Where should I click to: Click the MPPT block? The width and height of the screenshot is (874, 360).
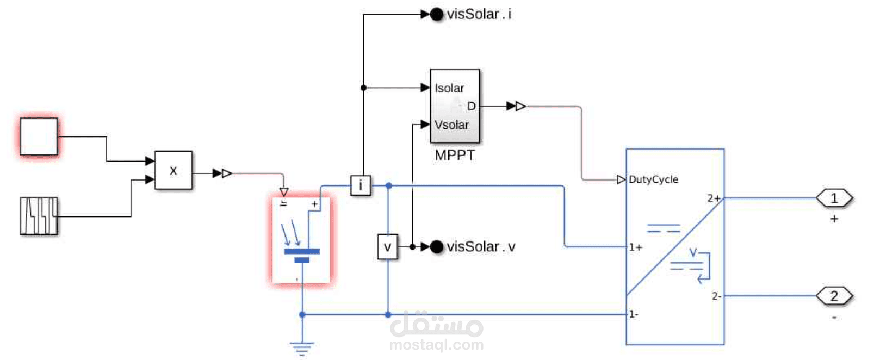pos(455,107)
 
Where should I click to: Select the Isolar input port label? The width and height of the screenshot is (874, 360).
pos(449,88)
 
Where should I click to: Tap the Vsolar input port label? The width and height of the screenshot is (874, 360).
pos(451,125)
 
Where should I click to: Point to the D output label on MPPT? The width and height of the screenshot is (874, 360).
pos(471,107)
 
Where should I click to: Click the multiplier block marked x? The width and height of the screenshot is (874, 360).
pos(173,170)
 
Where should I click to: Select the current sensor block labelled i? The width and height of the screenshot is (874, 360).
pos(360,185)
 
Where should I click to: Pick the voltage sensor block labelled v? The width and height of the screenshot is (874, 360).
pos(387,247)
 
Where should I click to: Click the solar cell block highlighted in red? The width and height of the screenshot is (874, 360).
pos(301,240)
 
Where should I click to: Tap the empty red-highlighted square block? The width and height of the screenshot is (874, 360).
pos(39,136)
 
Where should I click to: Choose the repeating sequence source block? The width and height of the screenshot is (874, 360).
pos(39,216)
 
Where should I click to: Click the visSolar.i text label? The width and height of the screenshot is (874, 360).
pos(479,14)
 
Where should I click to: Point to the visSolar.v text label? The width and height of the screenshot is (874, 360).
pos(481,247)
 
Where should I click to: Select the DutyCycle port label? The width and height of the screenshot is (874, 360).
pos(653,179)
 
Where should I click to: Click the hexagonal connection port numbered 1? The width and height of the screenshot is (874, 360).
pos(834,198)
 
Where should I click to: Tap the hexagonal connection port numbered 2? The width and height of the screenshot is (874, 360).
pos(834,296)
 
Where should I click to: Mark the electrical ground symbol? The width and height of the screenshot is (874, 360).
pos(302,346)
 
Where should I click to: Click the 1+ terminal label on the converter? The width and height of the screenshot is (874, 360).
pos(635,247)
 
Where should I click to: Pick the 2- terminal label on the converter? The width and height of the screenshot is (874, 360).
pos(716,296)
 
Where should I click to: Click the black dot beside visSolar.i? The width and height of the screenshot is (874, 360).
pos(437,15)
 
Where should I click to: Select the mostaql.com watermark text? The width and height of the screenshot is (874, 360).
pos(436,344)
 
